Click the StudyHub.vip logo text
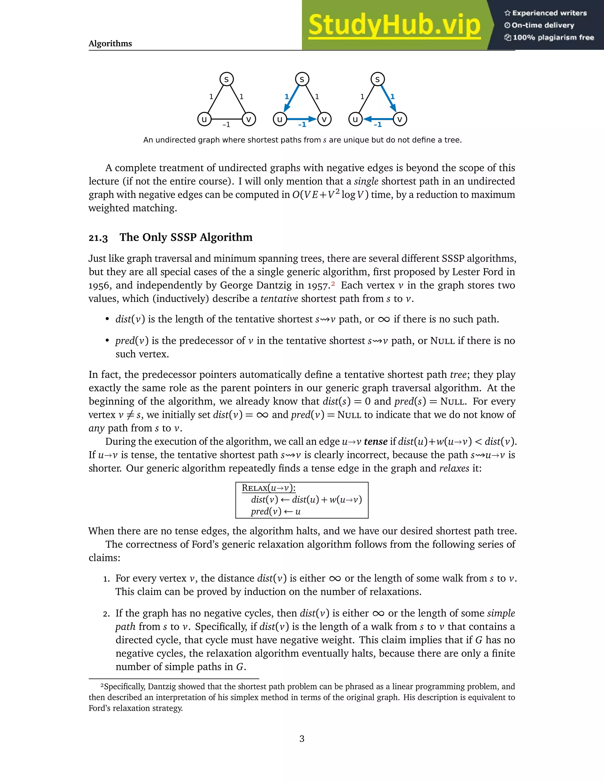click(394, 25)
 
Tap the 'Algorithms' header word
click(110, 44)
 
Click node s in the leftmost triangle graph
click(226, 79)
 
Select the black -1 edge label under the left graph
click(226, 125)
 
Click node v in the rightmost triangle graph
click(400, 119)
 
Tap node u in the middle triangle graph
click(280, 119)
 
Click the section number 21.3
click(98, 238)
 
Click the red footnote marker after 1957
click(333, 284)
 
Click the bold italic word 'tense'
click(375, 441)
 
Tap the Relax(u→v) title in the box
click(268, 488)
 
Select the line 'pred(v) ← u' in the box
click(275, 511)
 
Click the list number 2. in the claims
click(106, 614)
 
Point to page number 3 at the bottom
click(302, 738)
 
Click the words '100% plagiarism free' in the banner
click(553, 37)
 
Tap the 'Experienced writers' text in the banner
click(549, 13)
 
